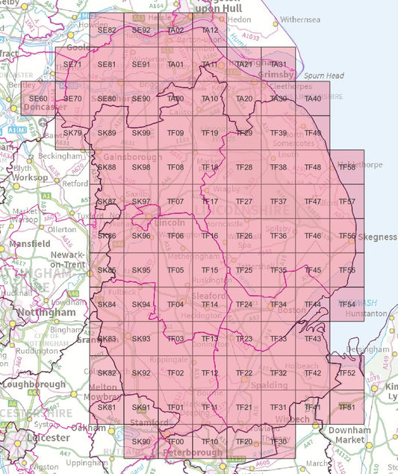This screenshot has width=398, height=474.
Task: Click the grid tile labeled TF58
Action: (347, 167)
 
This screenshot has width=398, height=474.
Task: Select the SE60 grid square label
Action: (38, 99)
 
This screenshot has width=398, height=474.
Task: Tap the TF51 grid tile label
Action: (347, 407)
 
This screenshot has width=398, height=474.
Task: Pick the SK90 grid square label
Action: (141, 442)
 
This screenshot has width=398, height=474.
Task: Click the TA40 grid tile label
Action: (313, 99)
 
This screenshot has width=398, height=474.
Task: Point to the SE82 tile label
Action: (107, 31)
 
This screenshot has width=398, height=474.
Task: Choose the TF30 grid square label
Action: (279, 442)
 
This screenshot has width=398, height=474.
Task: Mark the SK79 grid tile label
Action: (72, 133)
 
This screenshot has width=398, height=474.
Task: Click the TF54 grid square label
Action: (347, 305)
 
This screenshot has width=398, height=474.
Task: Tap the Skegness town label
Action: (378, 237)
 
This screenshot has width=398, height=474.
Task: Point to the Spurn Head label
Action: (323, 75)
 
